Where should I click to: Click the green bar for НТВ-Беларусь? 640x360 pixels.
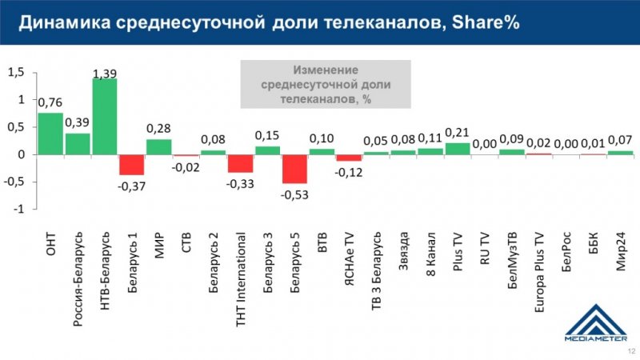tap(105, 116)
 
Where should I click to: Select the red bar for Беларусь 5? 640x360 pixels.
tap(294, 169)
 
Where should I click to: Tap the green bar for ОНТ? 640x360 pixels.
tap(50, 133)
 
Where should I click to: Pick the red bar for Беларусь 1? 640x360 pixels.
tap(132, 164)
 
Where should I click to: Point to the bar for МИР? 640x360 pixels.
tap(159, 146)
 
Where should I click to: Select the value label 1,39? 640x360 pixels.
tap(105, 74)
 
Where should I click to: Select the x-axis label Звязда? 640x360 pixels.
tap(404, 250)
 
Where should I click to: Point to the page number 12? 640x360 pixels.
tap(629, 351)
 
